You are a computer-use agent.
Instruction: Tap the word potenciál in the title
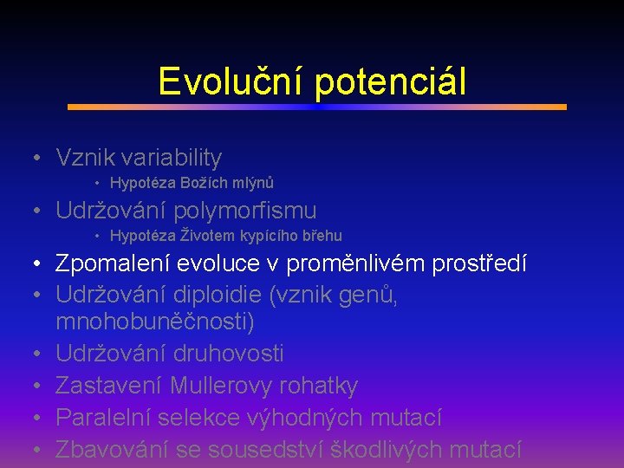click(390, 81)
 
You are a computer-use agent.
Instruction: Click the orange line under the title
click(316, 107)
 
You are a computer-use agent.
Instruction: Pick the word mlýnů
click(252, 183)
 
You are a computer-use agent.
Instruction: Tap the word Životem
click(206, 236)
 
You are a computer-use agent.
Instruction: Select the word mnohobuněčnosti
click(153, 322)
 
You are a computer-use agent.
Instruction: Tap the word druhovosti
click(228, 354)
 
